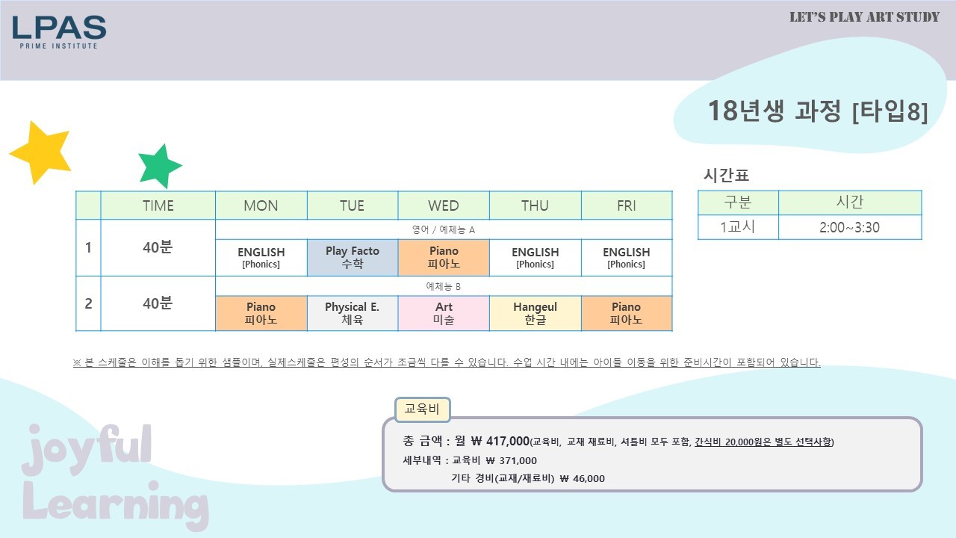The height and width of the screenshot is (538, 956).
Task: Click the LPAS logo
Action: [59, 32]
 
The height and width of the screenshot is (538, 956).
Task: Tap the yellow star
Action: [41, 152]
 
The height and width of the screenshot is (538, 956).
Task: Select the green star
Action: [160, 166]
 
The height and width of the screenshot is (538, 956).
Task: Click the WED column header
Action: [444, 205]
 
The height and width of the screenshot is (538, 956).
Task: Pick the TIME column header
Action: [158, 205]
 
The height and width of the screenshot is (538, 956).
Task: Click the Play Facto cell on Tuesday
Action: [353, 258]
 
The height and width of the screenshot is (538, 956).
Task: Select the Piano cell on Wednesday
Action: [444, 258]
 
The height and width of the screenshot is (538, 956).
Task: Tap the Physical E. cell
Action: [353, 313]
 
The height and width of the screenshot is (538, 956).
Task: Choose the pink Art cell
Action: [444, 313]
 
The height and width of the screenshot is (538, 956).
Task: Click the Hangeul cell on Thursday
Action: [536, 313]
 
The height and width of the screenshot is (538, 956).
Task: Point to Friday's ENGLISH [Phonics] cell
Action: [627, 258]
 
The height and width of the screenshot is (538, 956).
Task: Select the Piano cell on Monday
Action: [261, 313]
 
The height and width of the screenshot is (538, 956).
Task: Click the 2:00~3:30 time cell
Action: [850, 227]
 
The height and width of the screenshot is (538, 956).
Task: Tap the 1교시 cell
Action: [738, 227]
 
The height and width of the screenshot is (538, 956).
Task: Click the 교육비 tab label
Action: [422, 409]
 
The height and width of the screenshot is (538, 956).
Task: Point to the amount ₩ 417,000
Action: [500, 441]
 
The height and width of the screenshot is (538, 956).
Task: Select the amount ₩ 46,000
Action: [582, 479]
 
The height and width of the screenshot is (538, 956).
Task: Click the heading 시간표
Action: [726, 175]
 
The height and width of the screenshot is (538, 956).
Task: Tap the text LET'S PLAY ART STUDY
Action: [865, 17]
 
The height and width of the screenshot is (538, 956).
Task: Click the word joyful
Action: [87, 448]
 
